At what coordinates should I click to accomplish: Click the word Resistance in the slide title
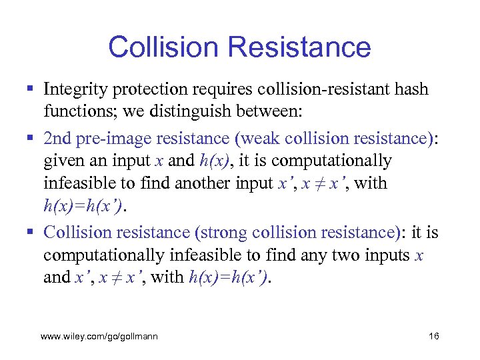click(298, 47)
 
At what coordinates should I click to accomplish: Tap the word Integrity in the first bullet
click(73, 89)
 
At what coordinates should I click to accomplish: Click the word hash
click(412, 89)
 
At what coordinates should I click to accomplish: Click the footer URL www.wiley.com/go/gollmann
click(99, 337)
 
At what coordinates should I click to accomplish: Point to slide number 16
click(433, 337)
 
